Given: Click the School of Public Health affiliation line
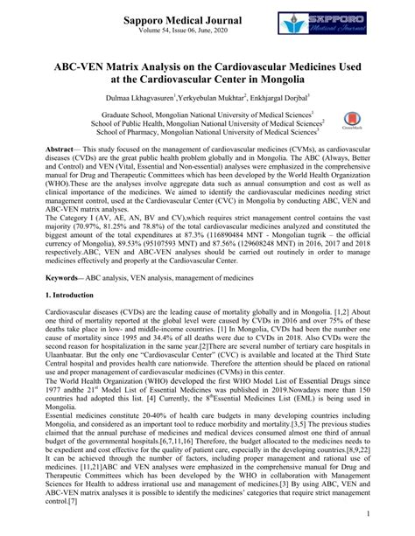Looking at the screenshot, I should tap(207, 124).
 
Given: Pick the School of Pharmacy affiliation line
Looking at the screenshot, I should tap(207, 135).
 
